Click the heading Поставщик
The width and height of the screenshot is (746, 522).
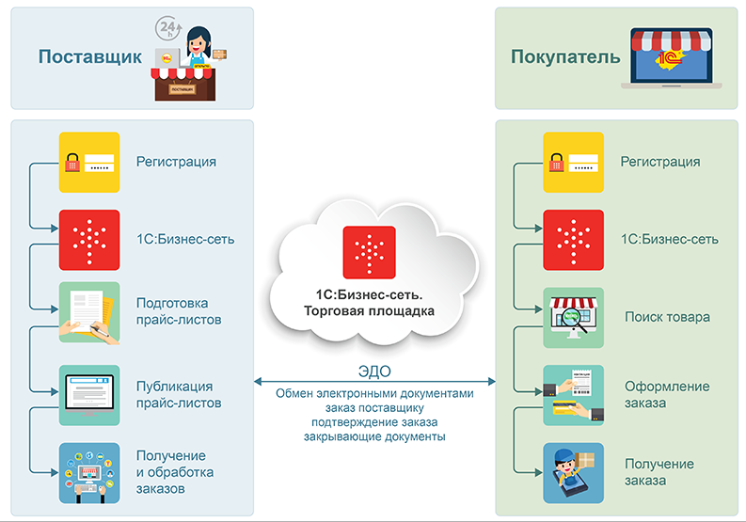89,57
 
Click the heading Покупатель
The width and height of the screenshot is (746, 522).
564,57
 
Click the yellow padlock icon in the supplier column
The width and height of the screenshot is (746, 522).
89,162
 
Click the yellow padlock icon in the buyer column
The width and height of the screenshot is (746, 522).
574,162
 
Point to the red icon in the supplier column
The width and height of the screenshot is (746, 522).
89,239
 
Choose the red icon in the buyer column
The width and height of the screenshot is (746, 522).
574,239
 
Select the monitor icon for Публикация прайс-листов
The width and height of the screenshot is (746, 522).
89,394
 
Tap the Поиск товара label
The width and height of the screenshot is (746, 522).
667,317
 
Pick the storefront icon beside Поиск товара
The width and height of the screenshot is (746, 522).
574,317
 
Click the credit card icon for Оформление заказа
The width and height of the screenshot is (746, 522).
574,395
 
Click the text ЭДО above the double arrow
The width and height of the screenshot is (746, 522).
374,371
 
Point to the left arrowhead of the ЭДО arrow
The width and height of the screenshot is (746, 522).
259,382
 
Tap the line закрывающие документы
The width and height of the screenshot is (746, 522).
374,437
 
